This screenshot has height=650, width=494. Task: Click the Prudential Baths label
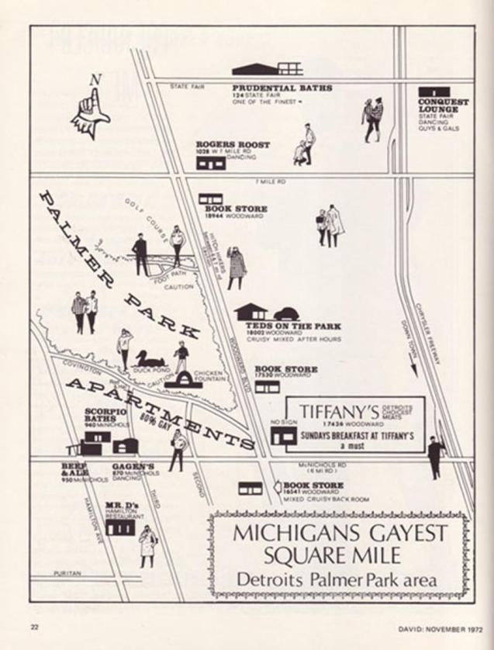pos(282,88)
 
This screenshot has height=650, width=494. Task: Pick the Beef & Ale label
pos(74,468)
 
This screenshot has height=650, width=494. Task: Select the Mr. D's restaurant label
pos(119,507)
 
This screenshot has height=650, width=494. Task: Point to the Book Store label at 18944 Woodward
pos(236,209)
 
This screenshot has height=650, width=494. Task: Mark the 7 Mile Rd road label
pos(270,182)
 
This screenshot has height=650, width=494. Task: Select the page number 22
pos(34,626)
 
